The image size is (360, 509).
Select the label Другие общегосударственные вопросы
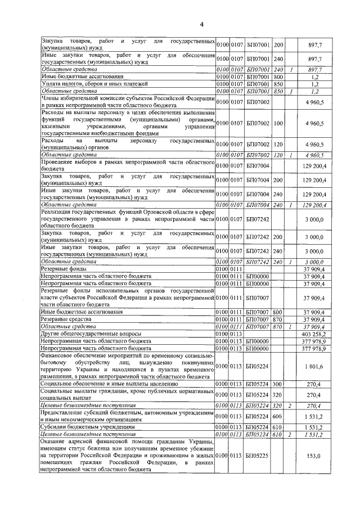point(91,334)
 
